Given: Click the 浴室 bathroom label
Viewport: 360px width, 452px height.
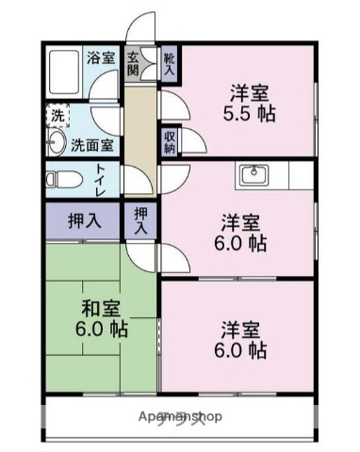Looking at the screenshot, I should click(x=102, y=56).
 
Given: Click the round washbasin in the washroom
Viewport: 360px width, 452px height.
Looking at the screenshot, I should click(x=56, y=144).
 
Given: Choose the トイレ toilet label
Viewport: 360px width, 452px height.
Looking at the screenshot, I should click(x=101, y=178).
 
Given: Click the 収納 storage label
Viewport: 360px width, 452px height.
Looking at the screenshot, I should click(x=170, y=141).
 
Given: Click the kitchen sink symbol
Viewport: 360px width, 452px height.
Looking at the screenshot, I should click(x=254, y=175).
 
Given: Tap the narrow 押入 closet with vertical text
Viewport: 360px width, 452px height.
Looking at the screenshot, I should click(x=140, y=221).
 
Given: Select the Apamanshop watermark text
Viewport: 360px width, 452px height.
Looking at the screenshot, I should click(x=180, y=415).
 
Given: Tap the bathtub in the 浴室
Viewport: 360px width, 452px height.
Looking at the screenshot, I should click(x=64, y=71).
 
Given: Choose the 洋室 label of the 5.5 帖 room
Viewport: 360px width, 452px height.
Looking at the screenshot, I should click(x=251, y=93).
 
